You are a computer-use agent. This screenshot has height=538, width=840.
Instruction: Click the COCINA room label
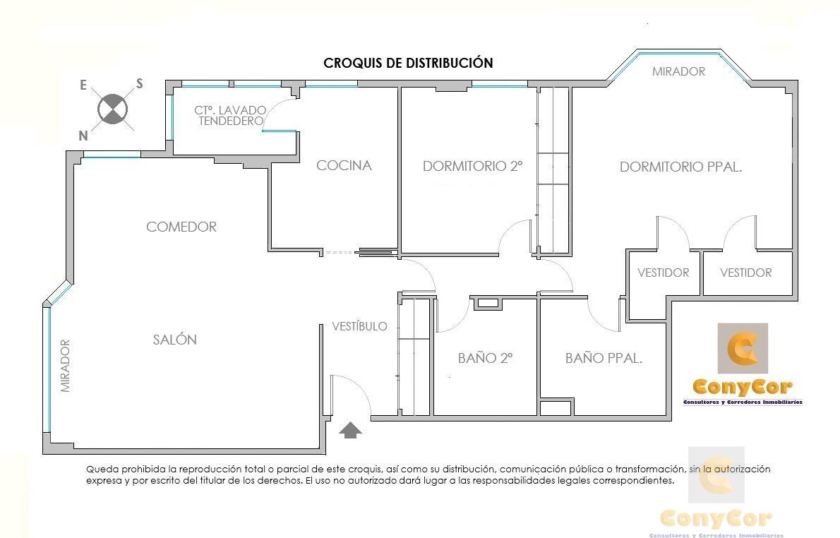(344, 166)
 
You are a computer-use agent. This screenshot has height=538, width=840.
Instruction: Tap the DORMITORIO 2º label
(472, 166)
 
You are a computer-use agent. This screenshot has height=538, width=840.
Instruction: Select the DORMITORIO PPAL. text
(681, 167)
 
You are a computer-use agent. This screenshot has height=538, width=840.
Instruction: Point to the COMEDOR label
(181, 227)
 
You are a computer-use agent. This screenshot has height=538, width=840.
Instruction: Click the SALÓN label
(174, 339)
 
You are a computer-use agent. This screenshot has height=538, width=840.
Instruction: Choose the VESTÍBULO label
(359, 325)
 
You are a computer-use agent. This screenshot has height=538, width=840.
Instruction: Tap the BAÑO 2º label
(486, 357)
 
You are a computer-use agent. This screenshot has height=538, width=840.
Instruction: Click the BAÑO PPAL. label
(604, 357)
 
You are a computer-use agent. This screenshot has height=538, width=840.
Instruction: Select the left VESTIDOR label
(664, 273)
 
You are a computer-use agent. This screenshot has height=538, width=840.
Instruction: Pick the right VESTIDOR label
(745, 273)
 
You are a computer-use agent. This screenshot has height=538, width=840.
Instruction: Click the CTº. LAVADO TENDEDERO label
(230, 115)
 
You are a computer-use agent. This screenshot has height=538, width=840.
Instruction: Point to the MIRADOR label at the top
(678, 71)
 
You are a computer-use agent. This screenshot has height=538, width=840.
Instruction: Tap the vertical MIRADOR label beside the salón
(66, 366)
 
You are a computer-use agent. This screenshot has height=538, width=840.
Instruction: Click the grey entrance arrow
(350, 430)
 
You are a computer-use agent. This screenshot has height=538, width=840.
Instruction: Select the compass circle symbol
(112, 109)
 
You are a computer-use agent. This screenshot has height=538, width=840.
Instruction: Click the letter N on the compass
(83, 136)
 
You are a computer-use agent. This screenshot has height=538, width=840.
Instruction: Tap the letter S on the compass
(139, 83)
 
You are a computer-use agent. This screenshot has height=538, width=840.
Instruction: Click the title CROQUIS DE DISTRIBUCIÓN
(408, 63)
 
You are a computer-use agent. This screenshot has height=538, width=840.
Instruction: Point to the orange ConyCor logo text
(743, 386)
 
